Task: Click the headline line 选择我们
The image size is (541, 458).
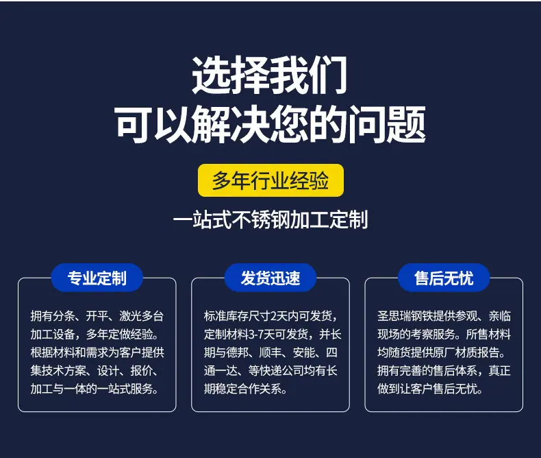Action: (x=269, y=75)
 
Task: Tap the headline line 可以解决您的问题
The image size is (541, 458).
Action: (x=270, y=124)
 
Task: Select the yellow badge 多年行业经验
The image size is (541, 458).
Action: (x=270, y=180)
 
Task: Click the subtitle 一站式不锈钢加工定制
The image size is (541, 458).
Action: (x=270, y=219)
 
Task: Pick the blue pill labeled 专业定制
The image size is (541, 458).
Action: (x=97, y=278)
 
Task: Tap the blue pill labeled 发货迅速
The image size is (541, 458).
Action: (x=270, y=278)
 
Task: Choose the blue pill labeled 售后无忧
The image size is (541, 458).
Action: (x=444, y=278)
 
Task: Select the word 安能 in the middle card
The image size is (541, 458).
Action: (x=303, y=352)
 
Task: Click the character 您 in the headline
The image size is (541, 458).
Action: (x=289, y=124)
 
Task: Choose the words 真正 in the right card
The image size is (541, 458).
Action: (x=500, y=371)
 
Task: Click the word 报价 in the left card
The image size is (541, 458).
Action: (x=142, y=371)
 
